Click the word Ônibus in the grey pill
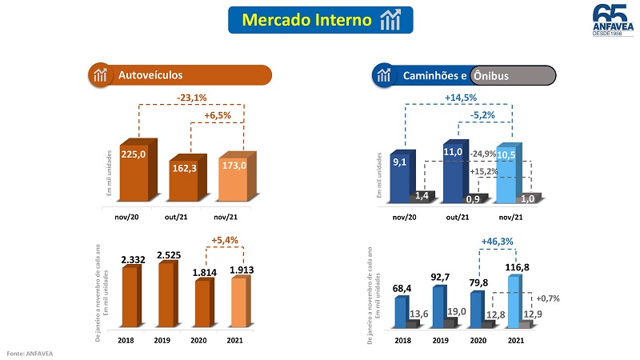pyautogui.click(x=490, y=76)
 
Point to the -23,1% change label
pyautogui.click(x=192, y=98)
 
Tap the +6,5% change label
pyautogui.click(x=218, y=115)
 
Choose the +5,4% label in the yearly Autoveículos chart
pyautogui.click(x=226, y=239)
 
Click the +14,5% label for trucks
pyautogui.click(x=461, y=98)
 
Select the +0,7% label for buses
pyautogui.click(x=547, y=298)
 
